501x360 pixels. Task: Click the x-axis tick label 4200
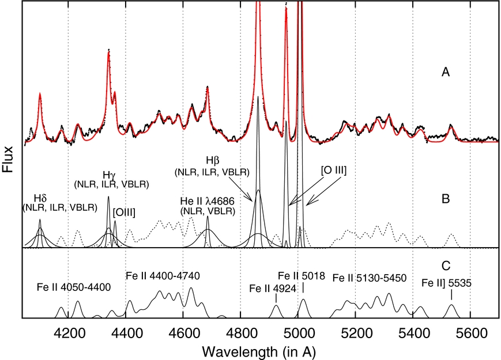tap(69, 332)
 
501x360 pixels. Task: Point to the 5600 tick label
tap(470, 332)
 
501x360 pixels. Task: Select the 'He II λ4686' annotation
tap(208, 201)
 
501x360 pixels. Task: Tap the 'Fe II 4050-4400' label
tap(73, 286)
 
